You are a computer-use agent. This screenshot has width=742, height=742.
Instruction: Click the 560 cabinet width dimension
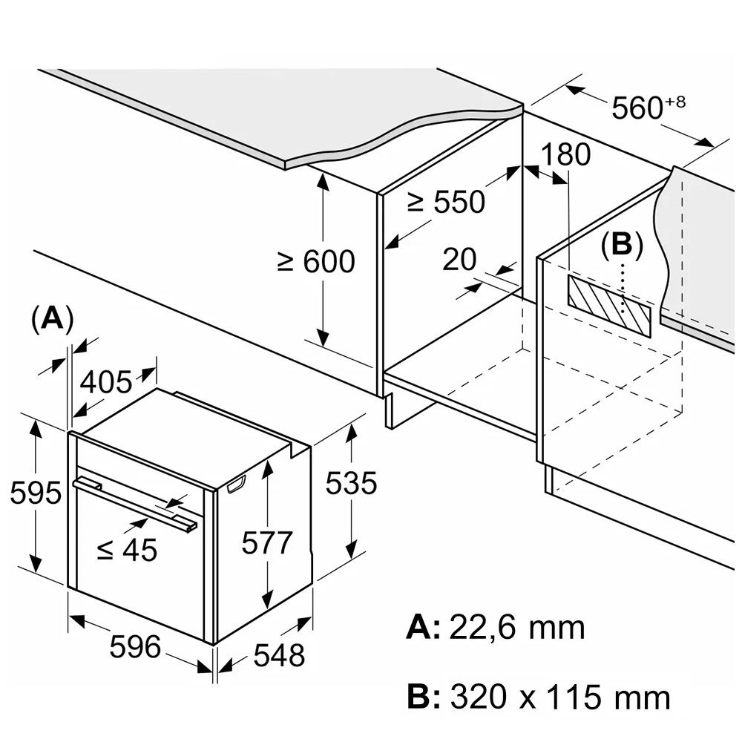[x=637, y=108]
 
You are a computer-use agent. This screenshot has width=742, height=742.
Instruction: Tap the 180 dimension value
[x=565, y=155]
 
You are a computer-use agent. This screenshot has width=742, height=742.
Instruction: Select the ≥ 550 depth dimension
[x=446, y=201]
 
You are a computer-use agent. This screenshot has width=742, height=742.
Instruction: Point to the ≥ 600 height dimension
[x=316, y=261]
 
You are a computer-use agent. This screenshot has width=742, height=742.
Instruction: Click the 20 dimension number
[x=459, y=260]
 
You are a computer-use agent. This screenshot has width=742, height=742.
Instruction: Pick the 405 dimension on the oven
[x=105, y=383]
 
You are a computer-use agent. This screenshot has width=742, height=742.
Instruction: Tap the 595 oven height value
[x=36, y=493]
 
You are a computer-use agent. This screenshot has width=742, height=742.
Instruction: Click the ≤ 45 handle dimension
[x=127, y=550]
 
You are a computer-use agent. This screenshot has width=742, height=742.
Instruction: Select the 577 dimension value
[x=267, y=543]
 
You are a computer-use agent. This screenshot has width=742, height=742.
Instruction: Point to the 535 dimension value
[x=352, y=484]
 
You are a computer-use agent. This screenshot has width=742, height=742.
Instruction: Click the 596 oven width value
[x=135, y=647]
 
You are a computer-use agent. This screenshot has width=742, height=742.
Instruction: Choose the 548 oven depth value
[x=279, y=655]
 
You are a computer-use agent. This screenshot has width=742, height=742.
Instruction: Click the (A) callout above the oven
[x=52, y=318]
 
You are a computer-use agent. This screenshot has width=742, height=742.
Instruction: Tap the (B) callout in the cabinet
[x=621, y=245]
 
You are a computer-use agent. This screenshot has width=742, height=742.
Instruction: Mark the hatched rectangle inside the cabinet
[x=608, y=304]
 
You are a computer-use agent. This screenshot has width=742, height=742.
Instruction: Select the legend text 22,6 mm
[x=516, y=628]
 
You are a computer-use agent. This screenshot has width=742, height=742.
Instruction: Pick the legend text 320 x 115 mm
[x=559, y=697]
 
